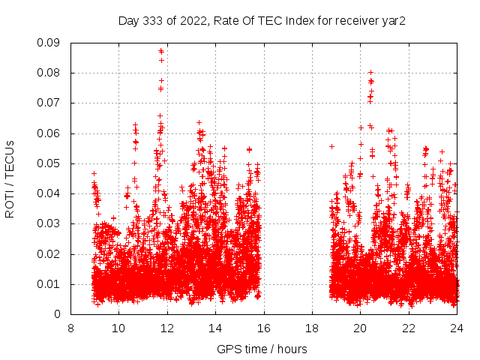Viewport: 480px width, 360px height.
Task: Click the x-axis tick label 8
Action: click(70, 328)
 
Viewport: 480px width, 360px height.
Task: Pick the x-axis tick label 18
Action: click(312, 328)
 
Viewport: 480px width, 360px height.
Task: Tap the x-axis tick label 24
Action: click(457, 328)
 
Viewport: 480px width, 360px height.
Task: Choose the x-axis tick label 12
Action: click(167, 328)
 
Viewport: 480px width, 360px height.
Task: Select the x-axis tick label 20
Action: click(360, 328)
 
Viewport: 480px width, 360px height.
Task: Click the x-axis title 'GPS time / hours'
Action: click(262, 349)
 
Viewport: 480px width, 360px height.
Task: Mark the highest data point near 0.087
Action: click(161, 50)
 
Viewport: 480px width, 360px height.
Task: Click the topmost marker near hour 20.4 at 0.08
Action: click(370, 73)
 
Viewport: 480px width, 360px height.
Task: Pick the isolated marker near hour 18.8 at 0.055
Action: click(331, 146)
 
